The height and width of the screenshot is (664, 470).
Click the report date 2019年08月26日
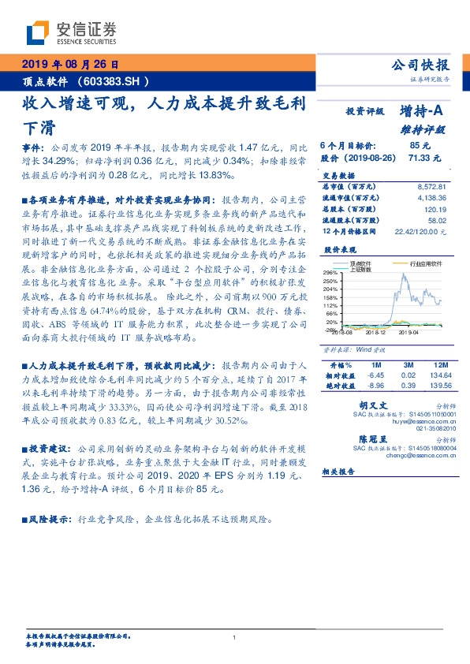tap(68, 64)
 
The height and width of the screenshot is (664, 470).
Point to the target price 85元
tap(420, 146)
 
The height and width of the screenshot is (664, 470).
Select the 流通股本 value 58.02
tap(437, 222)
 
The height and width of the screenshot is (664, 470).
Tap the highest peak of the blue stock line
tap(405, 274)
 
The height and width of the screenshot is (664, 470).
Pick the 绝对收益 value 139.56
tap(439, 386)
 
